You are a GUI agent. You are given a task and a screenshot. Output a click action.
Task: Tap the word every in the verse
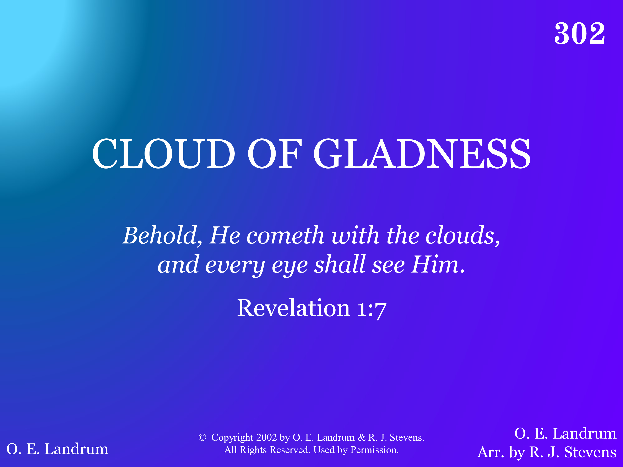click(x=235, y=265)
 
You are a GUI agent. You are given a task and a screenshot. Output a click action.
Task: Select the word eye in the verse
click(x=289, y=265)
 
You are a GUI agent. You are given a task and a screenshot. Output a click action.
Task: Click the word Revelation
click(x=294, y=308)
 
